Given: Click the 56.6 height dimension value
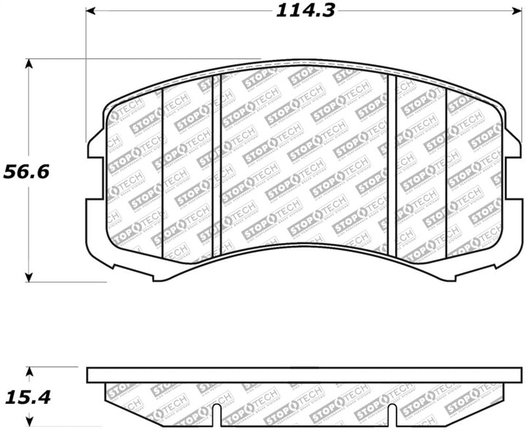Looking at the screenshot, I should point(26,172).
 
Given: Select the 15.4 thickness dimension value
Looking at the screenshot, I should point(26,399).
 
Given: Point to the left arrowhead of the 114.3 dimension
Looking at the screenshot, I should point(91,11).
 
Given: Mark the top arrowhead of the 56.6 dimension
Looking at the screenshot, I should point(29,64).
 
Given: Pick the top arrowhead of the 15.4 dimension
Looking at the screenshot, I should point(29,371).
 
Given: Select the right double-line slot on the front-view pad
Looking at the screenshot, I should point(392,165).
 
